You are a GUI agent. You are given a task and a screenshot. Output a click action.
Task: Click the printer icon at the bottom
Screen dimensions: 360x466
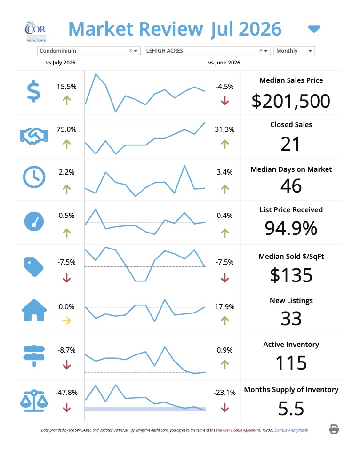(x=334, y=429)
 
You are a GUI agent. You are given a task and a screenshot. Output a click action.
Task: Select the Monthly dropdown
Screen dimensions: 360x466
(x=294, y=51)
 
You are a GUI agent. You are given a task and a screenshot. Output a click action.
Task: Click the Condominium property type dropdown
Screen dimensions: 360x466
(x=88, y=51)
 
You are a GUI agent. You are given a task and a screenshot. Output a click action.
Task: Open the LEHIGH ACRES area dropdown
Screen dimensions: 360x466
(x=207, y=51)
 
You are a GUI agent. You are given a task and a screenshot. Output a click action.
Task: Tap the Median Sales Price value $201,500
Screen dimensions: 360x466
(x=291, y=101)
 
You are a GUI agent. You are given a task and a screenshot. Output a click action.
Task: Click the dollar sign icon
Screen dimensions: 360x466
(x=33, y=91)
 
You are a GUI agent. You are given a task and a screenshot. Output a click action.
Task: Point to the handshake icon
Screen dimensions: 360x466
(x=34, y=136)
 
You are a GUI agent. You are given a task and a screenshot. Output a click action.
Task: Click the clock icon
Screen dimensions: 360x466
(x=34, y=177)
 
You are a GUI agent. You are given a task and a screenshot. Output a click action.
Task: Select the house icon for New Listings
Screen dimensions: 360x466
(x=34, y=310)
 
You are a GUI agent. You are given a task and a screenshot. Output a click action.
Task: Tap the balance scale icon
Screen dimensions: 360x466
(x=34, y=401)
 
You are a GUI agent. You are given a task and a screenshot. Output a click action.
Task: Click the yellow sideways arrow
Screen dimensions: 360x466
(x=66, y=321)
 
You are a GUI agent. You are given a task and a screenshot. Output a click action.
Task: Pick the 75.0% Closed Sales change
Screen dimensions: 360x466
(x=66, y=129)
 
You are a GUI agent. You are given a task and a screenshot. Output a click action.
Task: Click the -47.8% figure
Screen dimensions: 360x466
(x=66, y=392)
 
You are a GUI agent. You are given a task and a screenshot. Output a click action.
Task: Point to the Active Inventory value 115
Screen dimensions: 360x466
(x=291, y=363)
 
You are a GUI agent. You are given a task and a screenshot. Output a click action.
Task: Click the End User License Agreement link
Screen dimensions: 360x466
(x=238, y=430)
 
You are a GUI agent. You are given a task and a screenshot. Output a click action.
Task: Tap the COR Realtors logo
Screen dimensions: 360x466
(x=36, y=32)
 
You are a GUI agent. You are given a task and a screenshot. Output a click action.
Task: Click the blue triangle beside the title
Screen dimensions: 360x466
(x=314, y=29)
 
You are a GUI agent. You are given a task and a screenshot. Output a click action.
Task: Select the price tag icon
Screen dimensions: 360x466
(x=33, y=267)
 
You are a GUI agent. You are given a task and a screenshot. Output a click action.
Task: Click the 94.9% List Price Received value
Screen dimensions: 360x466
(x=291, y=228)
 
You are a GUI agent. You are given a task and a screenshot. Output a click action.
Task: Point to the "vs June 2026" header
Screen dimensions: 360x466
(x=224, y=63)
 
